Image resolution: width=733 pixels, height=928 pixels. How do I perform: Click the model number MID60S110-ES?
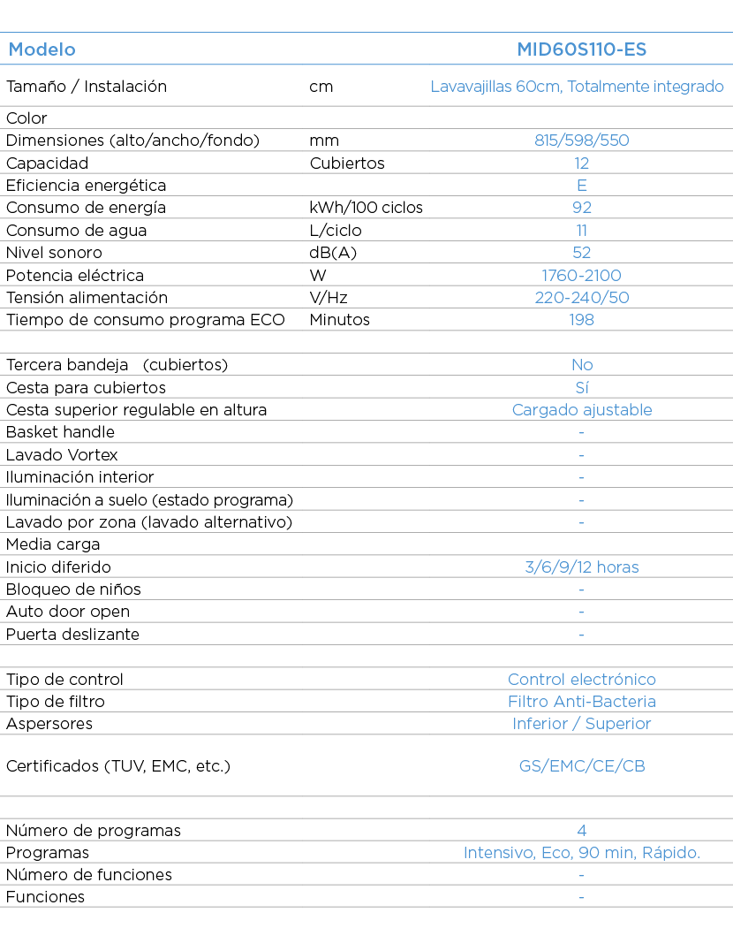pyautogui.click(x=582, y=49)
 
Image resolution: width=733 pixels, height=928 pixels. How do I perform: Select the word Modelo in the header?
pyautogui.click(x=42, y=49)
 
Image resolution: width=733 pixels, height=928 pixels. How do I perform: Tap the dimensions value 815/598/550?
pyautogui.click(x=582, y=141)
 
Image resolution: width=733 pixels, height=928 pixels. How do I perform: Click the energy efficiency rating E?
pyautogui.click(x=582, y=186)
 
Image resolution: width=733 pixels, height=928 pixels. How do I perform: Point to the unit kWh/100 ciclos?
pyautogui.click(x=366, y=208)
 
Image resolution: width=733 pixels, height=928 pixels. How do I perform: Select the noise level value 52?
pyautogui.click(x=582, y=253)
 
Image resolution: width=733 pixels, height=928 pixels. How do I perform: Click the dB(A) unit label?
pyautogui.click(x=333, y=253)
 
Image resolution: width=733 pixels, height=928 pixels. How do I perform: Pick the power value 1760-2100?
pyautogui.click(x=582, y=275)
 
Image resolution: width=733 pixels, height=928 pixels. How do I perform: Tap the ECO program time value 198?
pyautogui.click(x=582, y=320)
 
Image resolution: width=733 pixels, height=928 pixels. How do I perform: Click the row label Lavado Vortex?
pyautogui.click(x=62, y=454)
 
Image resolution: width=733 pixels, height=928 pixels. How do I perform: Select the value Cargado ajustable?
pyautogui.click(x=582, y=410)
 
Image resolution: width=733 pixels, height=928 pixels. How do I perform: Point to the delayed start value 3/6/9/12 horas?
pyautogui.click(x=582, y=567)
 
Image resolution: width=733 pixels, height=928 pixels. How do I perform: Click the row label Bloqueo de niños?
pyautogui.click(x=73, y=590)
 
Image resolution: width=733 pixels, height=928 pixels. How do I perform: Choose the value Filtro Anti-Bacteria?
pyautogui.click(x=582, y=702)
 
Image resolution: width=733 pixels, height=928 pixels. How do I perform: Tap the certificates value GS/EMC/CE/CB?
pyautogui.click(x=582, y=766)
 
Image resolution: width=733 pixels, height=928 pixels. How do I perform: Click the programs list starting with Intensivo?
pyautogui.click(x=582, y=853)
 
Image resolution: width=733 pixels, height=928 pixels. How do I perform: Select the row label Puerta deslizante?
pyautogui.click(x=72, y=635)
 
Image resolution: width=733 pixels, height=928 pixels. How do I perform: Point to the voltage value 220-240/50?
pyautogui.click(x=582, y=298)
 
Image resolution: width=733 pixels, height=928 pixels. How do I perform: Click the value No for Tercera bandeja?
pyautogui.click(x=582, y=365)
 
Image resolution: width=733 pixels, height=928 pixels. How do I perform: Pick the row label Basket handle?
pyautogui.click(x=60, y=432)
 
